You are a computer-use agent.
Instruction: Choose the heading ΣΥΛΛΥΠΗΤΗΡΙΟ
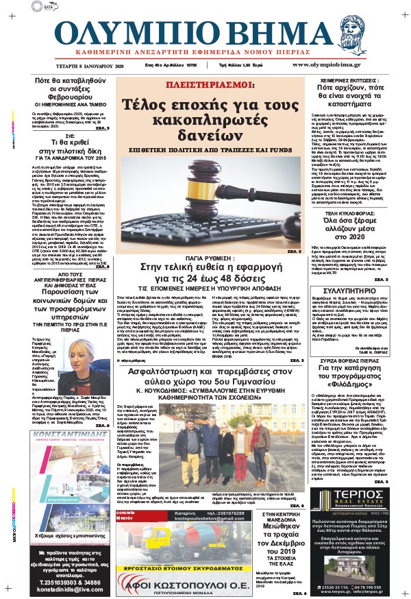[x=352, y=330]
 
